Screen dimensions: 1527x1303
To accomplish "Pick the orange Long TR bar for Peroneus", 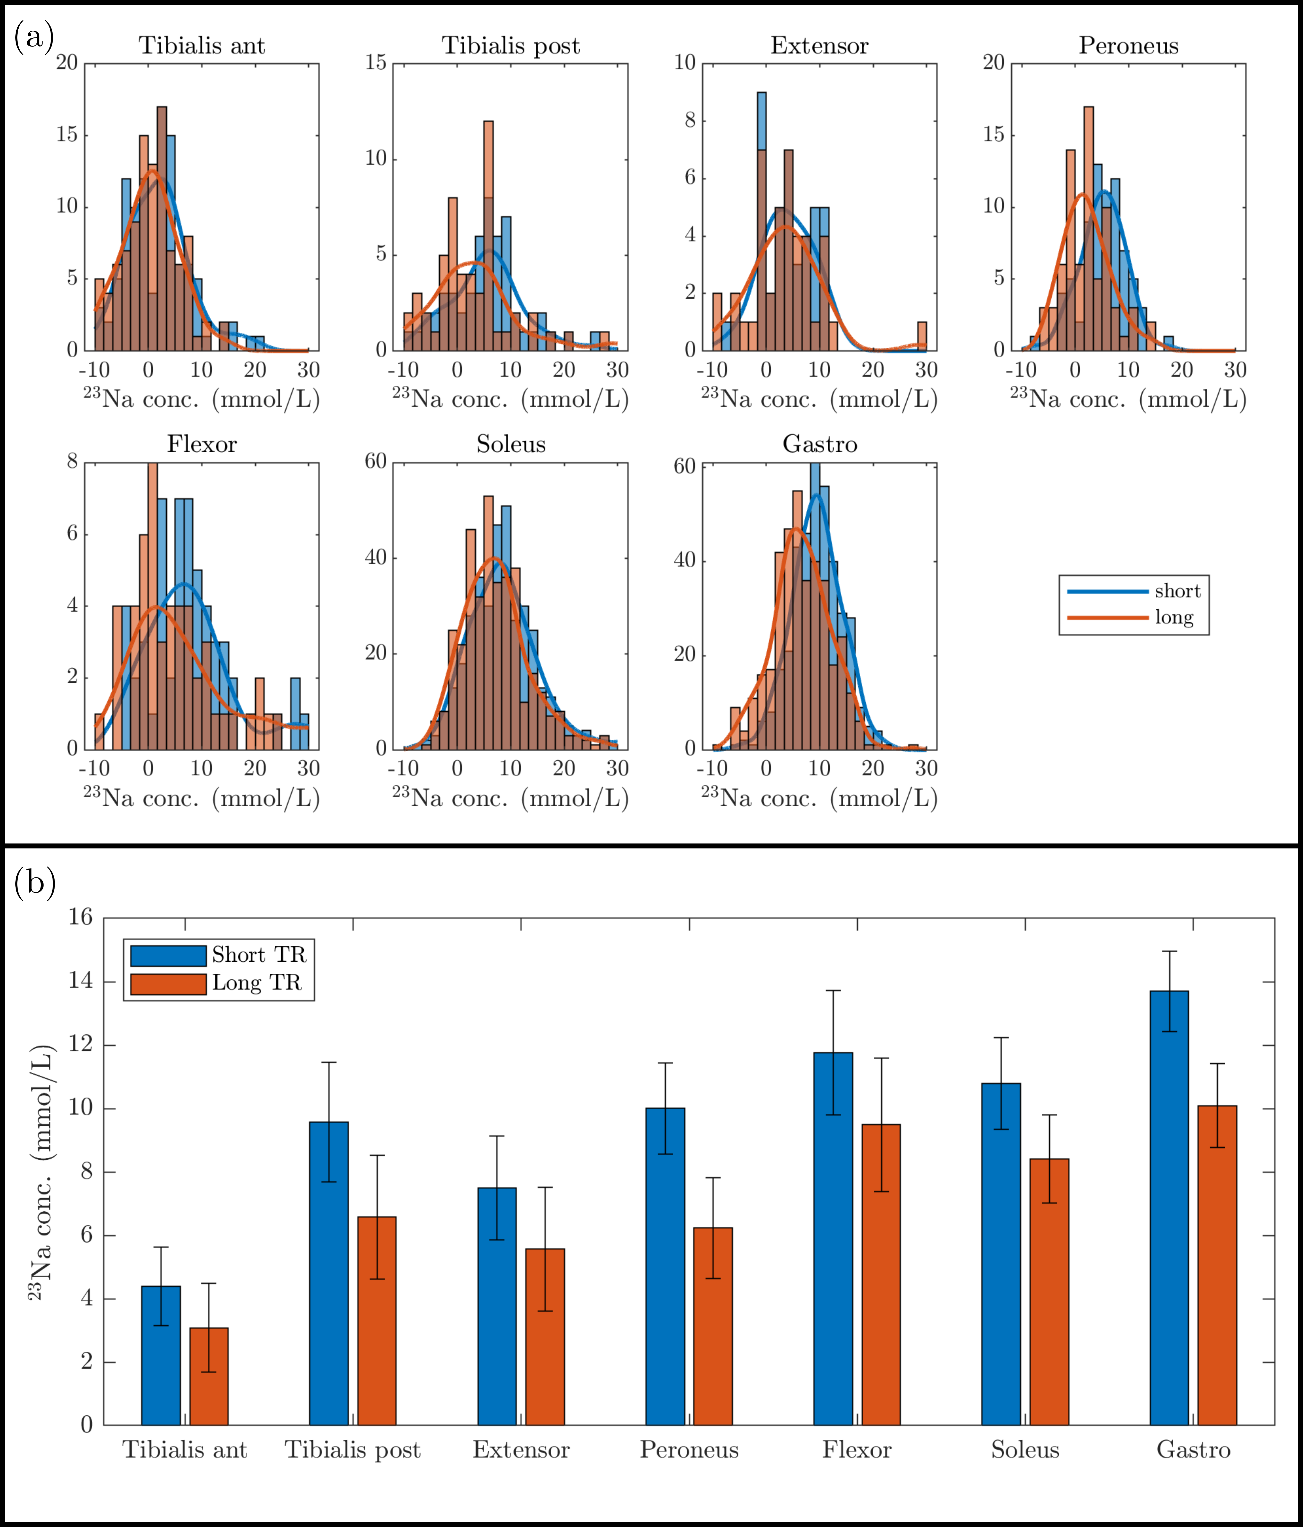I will (x=713, y=1326).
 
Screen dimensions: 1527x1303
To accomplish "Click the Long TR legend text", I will (x=257, y=983).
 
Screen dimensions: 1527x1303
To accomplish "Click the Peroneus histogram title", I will (x=1128, y=46).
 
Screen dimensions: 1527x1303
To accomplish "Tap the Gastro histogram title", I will (x=820, y=445).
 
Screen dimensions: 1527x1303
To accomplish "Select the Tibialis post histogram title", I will (x=511, y=46).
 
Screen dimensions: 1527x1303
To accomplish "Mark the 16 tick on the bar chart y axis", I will (x=81, y=917).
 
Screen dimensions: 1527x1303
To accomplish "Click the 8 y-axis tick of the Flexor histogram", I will (x=72, y=462).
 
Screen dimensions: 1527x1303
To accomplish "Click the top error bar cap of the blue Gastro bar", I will (x=1169, y=951).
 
